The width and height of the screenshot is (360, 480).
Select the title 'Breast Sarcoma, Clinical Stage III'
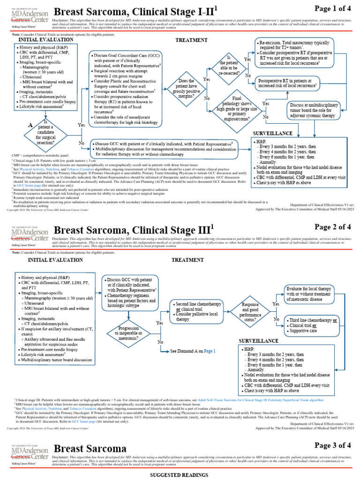point(133,230)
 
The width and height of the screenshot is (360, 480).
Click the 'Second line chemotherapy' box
point(198,311)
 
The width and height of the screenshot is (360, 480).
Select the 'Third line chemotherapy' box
point(314,324)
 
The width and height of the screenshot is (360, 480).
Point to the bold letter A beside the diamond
point(30,125)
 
